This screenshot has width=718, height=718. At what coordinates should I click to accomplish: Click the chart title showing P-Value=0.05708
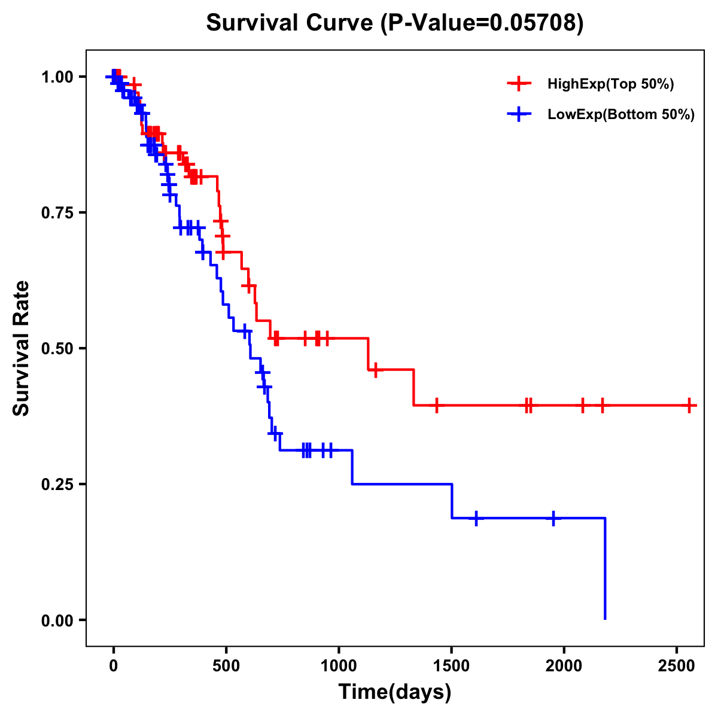[x=394, y=23]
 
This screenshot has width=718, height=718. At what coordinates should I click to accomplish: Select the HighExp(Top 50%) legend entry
[x=610, y=84]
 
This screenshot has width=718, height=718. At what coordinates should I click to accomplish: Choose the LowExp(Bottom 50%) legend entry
[x=620, y=114]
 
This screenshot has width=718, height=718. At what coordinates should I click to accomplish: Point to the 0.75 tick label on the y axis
[x=57, y=212]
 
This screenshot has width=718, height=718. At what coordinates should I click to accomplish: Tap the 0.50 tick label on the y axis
[x=57, y=348]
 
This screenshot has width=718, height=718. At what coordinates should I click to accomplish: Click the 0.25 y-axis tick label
[x=57, y=484]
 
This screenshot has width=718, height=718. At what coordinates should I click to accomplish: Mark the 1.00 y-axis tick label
[x=57, y=77]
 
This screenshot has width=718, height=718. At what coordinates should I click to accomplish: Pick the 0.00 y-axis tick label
[x=57, y=620]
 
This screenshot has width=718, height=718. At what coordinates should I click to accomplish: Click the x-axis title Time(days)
[x=394, y=692]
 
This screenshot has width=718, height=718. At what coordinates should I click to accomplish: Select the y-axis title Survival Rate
[x=22, y=348]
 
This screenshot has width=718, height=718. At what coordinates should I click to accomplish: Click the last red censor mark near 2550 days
[x=689, y=405]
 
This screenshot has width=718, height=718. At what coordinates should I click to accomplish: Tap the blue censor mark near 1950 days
[x=553, y=518]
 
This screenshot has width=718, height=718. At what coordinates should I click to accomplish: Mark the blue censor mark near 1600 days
[x=476, y=518]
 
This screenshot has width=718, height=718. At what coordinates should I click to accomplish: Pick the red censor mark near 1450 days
[x=437, y=405]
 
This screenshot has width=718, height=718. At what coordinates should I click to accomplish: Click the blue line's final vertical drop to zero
[x=605, y=568]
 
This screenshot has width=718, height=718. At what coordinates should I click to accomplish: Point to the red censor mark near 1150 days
[x=375, y=370]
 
